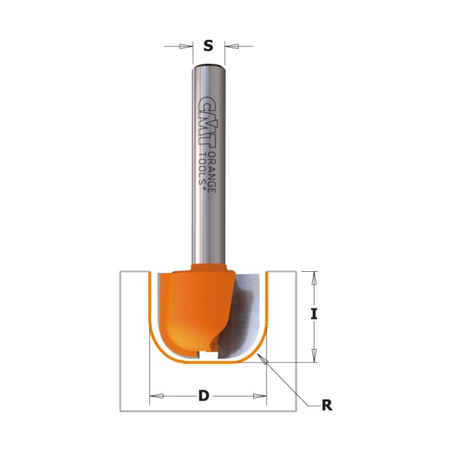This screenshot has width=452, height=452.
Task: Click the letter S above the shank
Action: (x=209, y=46)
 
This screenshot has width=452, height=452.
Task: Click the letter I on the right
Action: (x=313, y=313)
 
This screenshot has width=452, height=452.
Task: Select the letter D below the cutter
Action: (x=204, y=396)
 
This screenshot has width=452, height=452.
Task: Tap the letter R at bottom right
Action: (x=327, y=406)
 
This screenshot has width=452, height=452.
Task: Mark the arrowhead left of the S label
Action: (x=186, y=46)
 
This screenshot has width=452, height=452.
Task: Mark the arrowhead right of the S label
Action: (x=231, y=46)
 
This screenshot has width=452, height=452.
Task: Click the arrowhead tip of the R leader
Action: (x=260, y=357)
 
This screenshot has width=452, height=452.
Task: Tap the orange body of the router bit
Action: (x=193, y=307)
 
